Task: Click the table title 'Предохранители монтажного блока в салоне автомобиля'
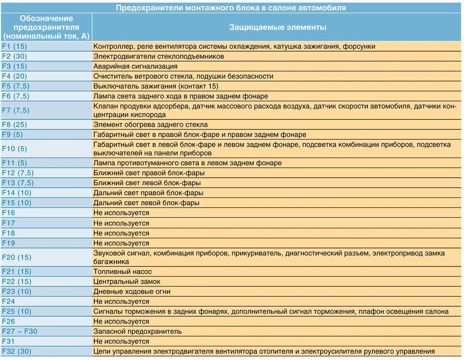tap(231, 7)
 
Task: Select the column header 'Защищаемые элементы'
tap(277, 27)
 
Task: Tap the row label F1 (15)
tap(15, 46)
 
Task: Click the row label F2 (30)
tap(15, 56)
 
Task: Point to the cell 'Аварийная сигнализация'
tap(135, 66)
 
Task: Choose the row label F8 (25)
tap(15, 125)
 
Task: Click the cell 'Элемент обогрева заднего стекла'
tap(150, 125)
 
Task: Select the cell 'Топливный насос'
tap(122, 271)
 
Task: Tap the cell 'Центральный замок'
tap(127, 281)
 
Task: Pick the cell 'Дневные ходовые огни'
tap(132, 291)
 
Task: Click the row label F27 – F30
tap(19, 331)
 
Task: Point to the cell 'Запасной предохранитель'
tap(137, 331)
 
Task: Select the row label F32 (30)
tap(16, 351)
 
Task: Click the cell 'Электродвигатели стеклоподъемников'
tap(158, 56)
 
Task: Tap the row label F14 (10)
tap(16, 193)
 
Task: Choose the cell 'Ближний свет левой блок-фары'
tap(147, 183)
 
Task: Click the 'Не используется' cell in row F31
tap(121, 341)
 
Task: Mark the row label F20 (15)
tap(16, 257)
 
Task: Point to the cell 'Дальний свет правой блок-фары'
tap(148, 193)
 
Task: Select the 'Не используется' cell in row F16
tap(121, 213)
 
